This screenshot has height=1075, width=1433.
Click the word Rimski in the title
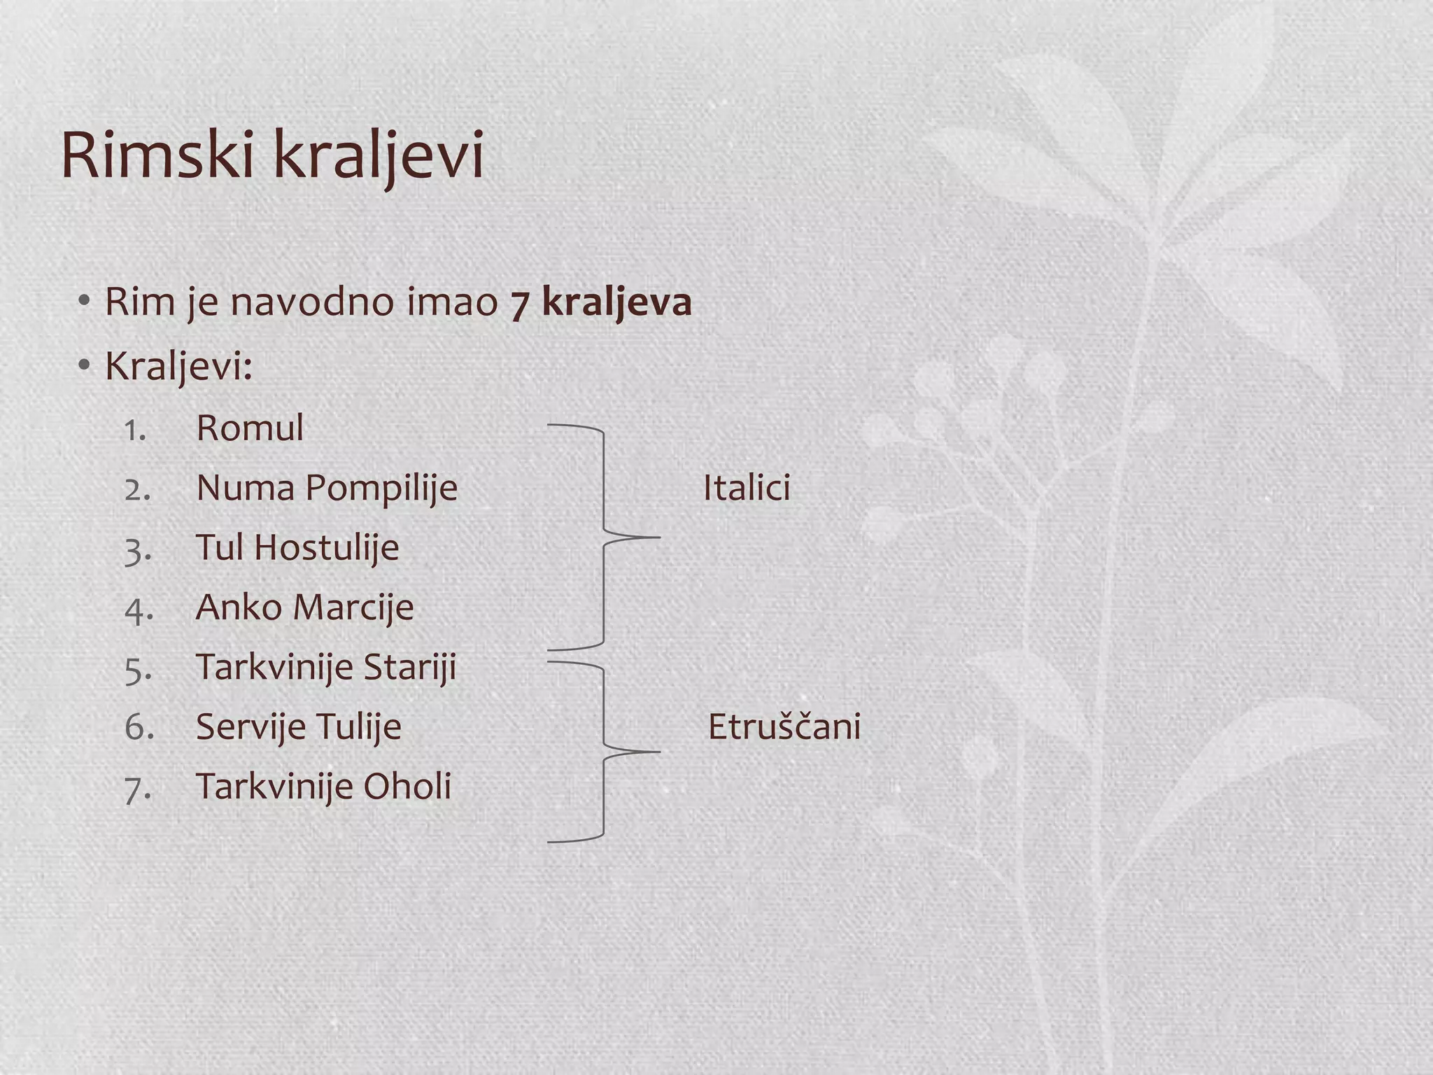tap(157, 155)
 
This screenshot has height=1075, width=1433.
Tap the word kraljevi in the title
tap(378, 156)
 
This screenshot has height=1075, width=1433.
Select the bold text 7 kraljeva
tap(601, 302)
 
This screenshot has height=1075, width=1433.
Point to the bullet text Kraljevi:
tap(178, 365)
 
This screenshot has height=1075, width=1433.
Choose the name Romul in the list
tap(250, 428)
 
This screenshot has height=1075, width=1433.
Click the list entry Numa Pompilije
tap(327, 488)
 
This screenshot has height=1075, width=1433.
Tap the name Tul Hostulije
tap(297, 547)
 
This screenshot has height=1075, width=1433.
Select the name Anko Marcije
tap(304, 607)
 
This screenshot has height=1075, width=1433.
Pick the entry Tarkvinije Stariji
tap(326, 667)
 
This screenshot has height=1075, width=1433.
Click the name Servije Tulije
tap(299, 726)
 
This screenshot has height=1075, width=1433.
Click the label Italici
tap(747, 488)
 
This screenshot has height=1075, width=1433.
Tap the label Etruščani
tap(784, 726)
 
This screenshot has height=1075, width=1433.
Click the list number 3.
tap(137, 550)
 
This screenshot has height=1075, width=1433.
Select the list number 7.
tap(137, 789)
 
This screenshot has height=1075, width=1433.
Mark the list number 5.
tap(137, 670)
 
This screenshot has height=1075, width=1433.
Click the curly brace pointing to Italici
tap(604, 537)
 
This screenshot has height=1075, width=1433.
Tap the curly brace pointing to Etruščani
tap(604, 752)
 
